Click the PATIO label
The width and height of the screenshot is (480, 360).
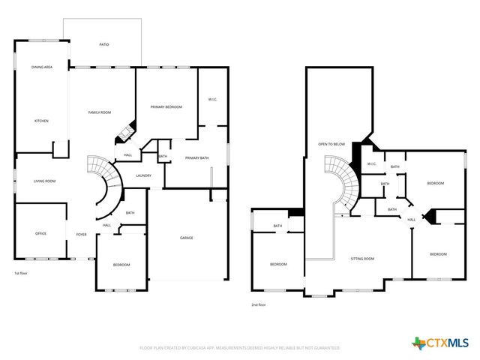coord(104,45)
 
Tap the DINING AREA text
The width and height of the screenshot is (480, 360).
coord(42,67)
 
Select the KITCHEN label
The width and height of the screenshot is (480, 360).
coord(41,120)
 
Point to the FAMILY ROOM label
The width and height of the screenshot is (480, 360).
coord(100,112)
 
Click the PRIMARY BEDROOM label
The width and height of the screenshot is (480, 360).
coord(166,107)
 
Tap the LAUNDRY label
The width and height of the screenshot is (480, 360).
coord(144,175)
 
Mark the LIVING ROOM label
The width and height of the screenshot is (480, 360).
coord(45,181)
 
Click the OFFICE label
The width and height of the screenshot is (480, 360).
coord(41,233)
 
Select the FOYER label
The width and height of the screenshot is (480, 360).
coord(81,233)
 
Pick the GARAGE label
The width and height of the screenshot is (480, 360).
coord(187,238)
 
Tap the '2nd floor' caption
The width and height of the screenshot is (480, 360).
coord(259,304)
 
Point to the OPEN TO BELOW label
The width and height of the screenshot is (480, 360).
coord(331,143)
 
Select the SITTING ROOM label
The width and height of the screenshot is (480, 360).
coord(363,258)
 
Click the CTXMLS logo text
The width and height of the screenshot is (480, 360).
coord(447,343)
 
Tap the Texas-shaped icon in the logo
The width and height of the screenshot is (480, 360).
coord(418,343)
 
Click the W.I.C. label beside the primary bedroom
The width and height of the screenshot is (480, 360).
coord(211,99)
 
